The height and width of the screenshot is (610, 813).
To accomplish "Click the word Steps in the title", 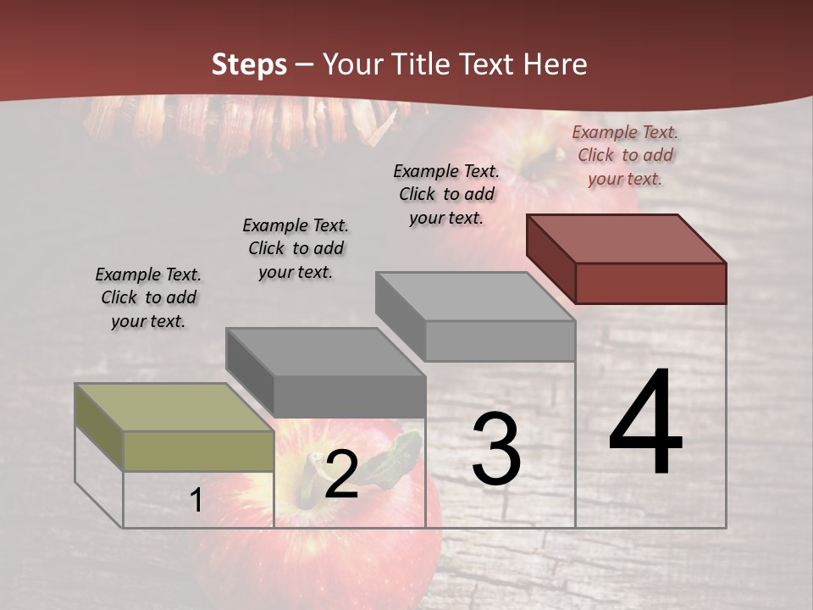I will click(249, 64).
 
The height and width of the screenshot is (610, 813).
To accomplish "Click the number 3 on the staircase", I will click(496, 449).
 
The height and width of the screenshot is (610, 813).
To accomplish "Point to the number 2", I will click(340, 474).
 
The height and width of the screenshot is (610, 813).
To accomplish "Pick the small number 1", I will click(196, 500).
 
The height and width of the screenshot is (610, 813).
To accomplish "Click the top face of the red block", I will click(627, 239).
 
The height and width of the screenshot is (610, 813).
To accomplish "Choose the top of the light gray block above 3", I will click(476, 297).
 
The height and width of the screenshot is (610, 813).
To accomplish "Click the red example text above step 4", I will click(625, 155).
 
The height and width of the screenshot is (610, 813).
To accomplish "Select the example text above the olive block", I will click(148, 297).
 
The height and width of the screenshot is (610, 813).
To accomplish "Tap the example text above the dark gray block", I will click(296, 248).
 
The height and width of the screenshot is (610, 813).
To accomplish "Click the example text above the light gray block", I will click(446, 194).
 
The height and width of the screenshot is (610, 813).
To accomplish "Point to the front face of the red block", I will click(650, 283).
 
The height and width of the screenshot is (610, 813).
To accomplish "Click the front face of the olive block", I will click(198, 451).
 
